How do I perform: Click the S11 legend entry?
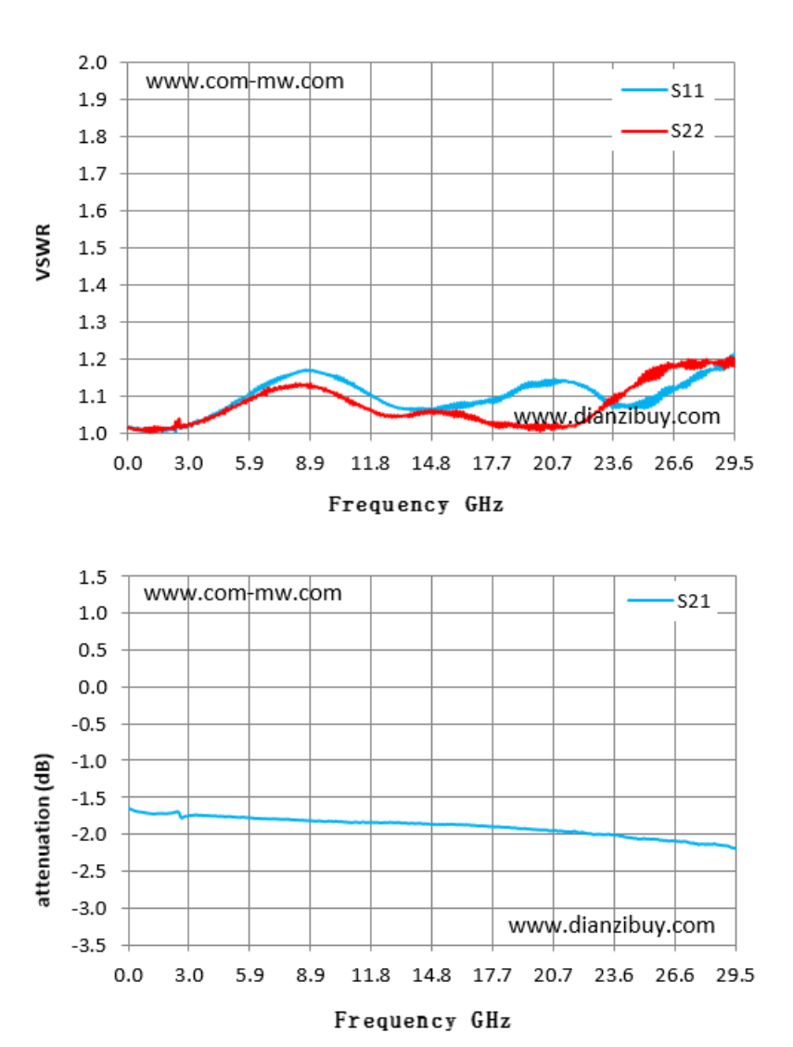[x=663, y=90]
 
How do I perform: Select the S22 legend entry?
[x=663, y=131]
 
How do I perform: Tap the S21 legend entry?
[x=669, y=601]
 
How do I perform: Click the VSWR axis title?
[x=44, y=252]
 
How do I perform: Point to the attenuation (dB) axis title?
[x=44, y=830]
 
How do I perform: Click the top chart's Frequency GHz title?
[x=416, y=504]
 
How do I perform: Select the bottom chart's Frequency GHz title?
[x=422, y=1020]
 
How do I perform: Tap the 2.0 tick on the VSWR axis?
[x=93, y=63]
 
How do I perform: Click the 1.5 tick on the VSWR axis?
[x=93, y=248]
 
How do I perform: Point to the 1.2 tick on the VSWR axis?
[x=93, y=359]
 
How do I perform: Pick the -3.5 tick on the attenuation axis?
[x=89, y=945]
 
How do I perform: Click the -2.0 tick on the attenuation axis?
[x=89, y=834]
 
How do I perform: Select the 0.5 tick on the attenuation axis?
[x=93, y=650]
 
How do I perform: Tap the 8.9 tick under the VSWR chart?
[x=310, y=463]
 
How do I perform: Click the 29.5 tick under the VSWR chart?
[x=735, y=463]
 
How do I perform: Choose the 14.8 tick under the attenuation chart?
[x=431, y=975]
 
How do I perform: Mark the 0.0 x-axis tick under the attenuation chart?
[x=128, y=975]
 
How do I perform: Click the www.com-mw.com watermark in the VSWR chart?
[x=245, y=82]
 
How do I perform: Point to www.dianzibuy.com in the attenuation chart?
[x=611, y=925]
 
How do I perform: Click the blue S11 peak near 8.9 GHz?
[x=308, y=370]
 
